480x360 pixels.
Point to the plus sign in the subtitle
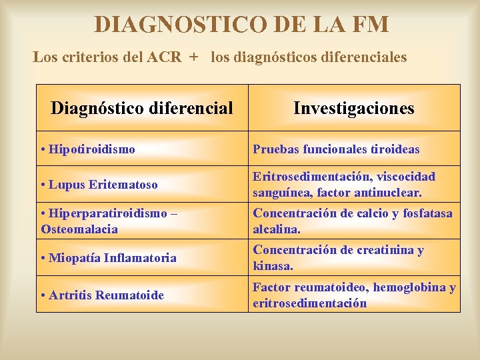pos(193,57)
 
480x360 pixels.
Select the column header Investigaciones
pos(354,108)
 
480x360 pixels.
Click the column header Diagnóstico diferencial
pos(142,108)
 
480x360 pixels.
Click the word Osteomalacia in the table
pos(79,229)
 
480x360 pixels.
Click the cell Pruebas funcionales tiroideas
pos(336,149)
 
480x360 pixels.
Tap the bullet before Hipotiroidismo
pos(43,149)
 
